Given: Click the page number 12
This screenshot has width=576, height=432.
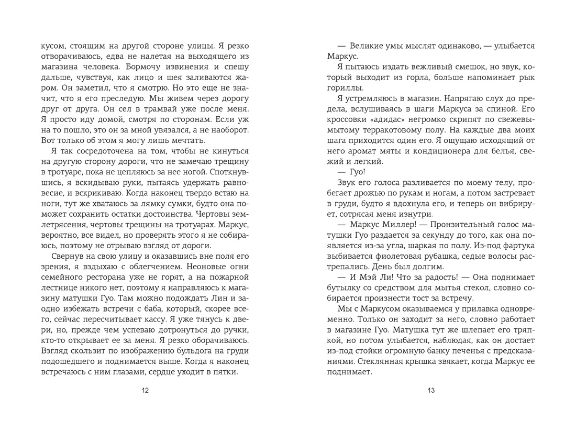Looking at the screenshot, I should [146, 391].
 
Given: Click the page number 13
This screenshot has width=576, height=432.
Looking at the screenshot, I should [431, 391].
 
